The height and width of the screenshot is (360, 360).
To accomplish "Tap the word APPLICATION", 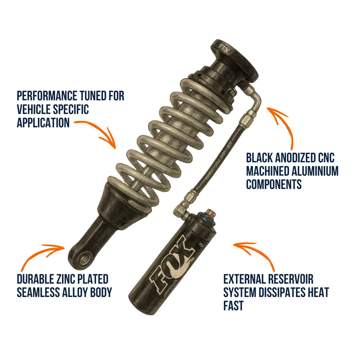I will coord(43,122).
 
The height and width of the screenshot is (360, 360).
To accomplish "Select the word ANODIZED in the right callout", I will coord(292,158).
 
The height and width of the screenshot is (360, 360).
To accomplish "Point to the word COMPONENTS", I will coord(274,184).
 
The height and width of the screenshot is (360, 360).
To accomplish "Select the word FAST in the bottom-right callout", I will coord(233,305).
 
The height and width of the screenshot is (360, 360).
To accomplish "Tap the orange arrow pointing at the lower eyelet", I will coord(40,253).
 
